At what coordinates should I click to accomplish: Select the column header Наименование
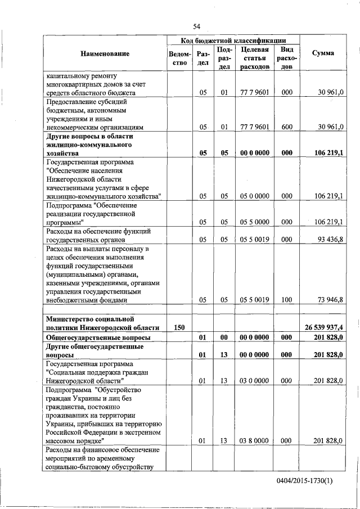[x=105, y=53]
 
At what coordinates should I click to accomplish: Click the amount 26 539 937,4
[x=324, y=327]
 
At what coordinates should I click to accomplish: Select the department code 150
[x=179, y=327]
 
